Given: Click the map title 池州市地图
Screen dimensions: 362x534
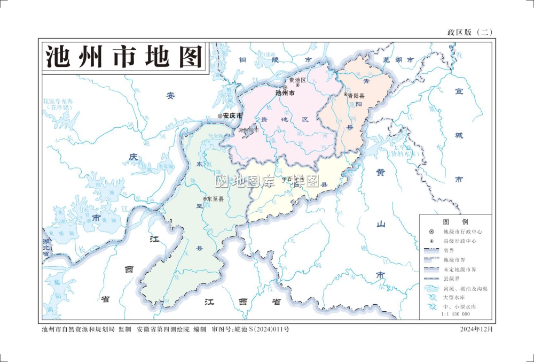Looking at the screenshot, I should coord(123,56).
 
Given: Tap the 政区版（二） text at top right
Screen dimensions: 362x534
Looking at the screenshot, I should coord(469,32).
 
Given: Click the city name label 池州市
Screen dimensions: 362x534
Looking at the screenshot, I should coord(285,93).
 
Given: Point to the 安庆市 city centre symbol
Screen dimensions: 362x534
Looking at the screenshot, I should coord(220,115).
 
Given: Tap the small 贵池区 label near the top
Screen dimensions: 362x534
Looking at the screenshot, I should coord(298,80).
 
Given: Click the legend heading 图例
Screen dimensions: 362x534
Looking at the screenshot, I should coord(455,221).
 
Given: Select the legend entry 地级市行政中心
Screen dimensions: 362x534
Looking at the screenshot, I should coord(462,232).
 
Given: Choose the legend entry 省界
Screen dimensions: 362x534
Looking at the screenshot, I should coord(449,251).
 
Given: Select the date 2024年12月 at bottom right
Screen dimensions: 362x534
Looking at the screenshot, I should coord(477,329).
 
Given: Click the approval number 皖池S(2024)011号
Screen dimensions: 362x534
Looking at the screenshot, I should coord(262,329).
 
